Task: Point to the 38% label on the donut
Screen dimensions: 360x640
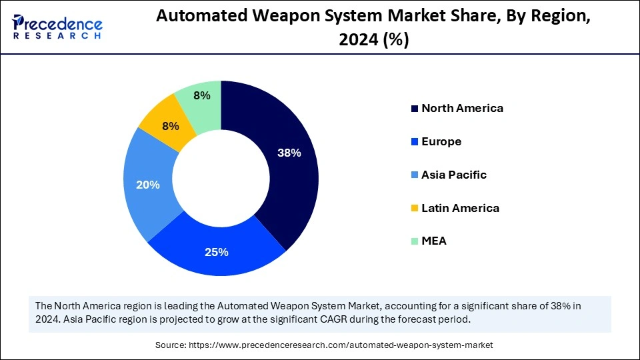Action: pos(289,153)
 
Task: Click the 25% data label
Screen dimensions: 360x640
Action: pos(217,252)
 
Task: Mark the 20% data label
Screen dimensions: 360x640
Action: pos(147,185)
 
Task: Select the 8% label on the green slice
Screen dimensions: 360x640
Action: pos(201,95)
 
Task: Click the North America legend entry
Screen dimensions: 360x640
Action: pos(461,108)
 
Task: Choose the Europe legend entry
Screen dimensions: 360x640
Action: pos(441,141)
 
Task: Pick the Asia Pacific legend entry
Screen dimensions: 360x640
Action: pos(453,175)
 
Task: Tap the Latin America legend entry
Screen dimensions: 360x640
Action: pos(459,208)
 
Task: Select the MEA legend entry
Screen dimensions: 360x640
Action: pos(433,241)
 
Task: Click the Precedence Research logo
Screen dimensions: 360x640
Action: pos(57,27)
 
